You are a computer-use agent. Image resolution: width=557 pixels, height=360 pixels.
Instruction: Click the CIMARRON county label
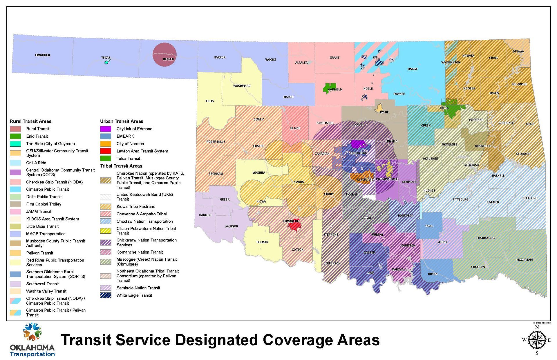click(x=43, y=55)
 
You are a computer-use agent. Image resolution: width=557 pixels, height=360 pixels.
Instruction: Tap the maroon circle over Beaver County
click(x=164, y=54)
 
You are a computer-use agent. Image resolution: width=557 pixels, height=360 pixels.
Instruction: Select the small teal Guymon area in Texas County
click(x=107, y=62)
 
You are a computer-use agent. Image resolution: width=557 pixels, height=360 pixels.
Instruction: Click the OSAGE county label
click(x=413, y=69)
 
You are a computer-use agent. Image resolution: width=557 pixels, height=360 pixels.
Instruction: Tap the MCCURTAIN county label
click(x=525, y=260)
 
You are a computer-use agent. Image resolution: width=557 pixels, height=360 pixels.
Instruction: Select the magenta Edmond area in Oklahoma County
click(x=357, y=144)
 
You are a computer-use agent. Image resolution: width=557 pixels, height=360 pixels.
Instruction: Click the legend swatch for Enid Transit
click(x=15, y=136)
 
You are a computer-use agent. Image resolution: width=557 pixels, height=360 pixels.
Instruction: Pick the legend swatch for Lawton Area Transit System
click(x=106, y=151)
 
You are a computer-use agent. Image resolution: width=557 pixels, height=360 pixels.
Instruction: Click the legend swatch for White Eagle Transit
click(x=106, y=295)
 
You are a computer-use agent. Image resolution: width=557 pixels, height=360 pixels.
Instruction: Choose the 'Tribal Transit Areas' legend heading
click(x=121, y=166)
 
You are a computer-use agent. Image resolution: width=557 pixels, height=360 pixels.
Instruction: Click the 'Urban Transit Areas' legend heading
click(x=122, y=121)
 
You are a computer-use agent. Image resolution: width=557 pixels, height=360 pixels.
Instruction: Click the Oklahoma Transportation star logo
click(x=32, y=332)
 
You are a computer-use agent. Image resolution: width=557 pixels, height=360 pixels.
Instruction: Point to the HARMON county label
click(x=205, y=215)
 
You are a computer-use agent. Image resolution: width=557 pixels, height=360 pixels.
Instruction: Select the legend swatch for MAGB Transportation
click(x=15, y=234)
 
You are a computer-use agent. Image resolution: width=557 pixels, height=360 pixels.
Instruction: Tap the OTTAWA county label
click(x=518, y=52)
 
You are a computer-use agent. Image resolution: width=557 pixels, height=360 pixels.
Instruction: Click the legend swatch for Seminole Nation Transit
click(x=106, y=288)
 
